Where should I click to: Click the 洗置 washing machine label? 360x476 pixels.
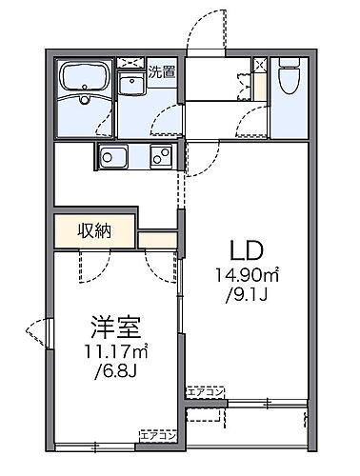click(161, 72)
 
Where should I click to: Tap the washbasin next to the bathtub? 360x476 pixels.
click(130, 89)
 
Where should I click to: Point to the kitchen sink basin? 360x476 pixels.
click(110, 157)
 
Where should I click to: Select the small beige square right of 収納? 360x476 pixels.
click(157, 238)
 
